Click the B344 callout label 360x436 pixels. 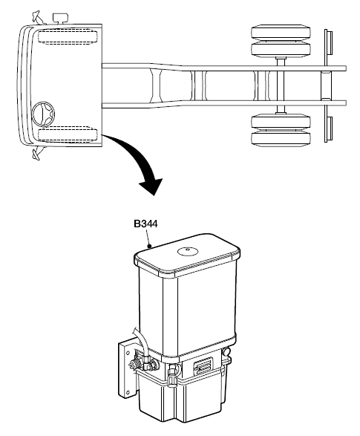pos(145,224)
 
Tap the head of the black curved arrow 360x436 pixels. pos(151,186)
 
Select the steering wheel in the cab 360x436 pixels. pos(43,114)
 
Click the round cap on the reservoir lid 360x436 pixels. pos(188,251)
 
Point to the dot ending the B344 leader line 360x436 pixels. pos(149,246)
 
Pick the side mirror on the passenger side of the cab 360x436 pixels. pos(38,17)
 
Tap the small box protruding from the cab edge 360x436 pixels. pos(62,18)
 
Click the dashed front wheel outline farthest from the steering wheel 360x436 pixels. pos(68,36)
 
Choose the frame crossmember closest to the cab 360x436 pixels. pos(156,85)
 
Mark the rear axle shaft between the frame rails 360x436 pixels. pos(281,85)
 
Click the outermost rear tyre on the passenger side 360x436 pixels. pos(281,32)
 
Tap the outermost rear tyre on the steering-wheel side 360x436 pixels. pos(281,140)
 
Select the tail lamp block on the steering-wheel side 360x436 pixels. pos(330,128)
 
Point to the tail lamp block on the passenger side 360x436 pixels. pos(330,43)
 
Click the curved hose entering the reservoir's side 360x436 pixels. pos(141,344)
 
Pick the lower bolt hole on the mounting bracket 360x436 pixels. pos(128,393)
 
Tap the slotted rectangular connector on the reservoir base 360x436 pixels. pos(203,365)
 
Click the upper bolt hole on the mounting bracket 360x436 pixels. pos(128,353)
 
